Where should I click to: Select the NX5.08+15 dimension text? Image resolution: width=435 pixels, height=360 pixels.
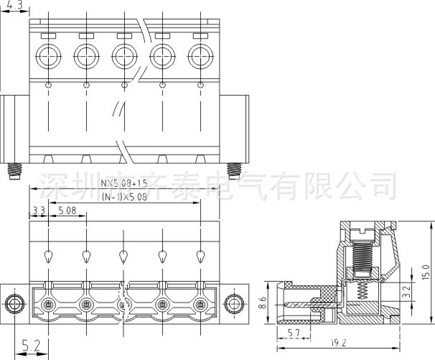coord(123,183)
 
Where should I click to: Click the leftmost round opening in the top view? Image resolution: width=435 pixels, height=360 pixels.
coord(48,55)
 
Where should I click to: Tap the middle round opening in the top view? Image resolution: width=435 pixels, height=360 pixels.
coord(123,55)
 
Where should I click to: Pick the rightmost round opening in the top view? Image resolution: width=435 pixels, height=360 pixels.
coord(199,55)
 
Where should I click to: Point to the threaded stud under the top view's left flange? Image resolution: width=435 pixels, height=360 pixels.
coord(14,171)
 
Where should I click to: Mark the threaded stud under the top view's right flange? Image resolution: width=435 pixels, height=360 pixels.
coord(233,171)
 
